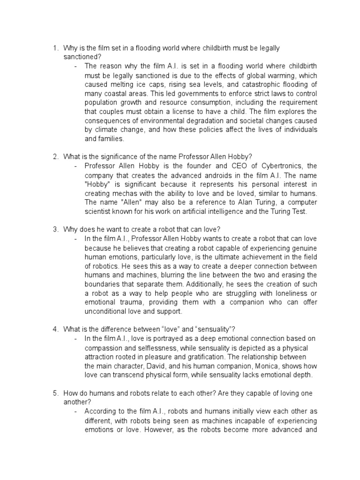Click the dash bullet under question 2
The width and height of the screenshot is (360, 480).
75,166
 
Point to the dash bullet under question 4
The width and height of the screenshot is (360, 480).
75,338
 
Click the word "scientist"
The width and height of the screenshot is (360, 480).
99,211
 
